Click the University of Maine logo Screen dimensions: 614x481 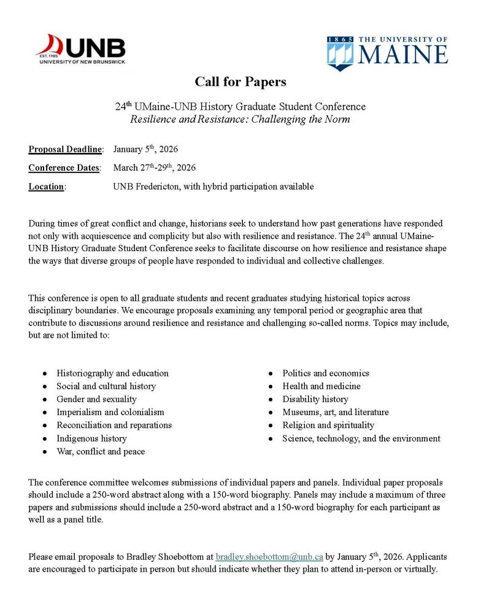387,52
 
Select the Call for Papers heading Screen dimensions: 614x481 240,82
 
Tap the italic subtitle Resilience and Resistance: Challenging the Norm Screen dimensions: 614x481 240,119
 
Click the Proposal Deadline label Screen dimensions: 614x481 66,149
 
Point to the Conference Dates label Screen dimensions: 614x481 64,168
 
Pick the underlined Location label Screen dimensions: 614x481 47,187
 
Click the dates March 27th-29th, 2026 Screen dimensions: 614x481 155,168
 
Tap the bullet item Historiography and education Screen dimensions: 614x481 112,373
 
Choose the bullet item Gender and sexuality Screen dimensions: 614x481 96,399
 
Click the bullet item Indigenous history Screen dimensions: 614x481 91,438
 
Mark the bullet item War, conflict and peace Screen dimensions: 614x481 101,451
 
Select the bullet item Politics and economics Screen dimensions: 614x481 326,373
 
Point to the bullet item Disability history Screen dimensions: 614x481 315,399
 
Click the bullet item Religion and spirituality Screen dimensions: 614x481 328,425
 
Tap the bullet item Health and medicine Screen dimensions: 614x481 321,386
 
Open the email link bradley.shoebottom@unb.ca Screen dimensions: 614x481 269,557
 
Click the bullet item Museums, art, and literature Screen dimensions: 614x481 336,412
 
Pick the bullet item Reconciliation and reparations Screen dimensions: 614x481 114,425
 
